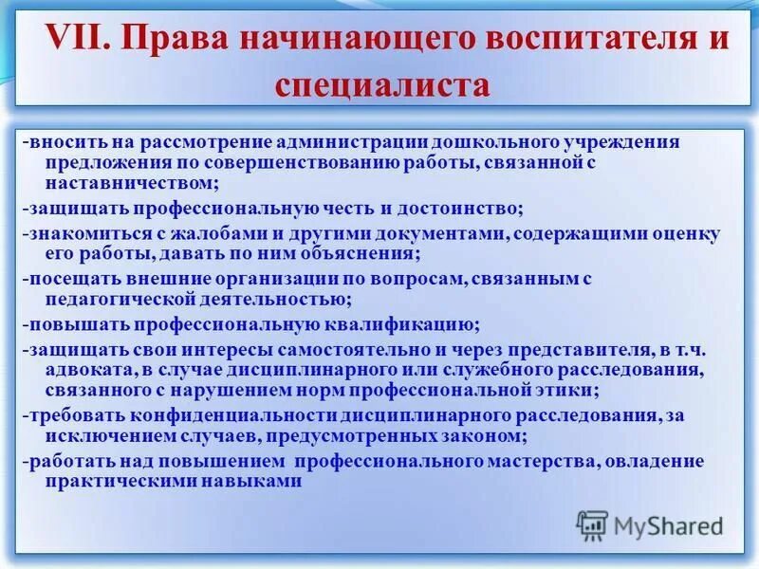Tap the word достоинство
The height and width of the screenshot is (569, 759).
452,207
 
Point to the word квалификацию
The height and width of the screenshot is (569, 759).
398,322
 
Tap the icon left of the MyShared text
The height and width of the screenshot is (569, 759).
593,524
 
